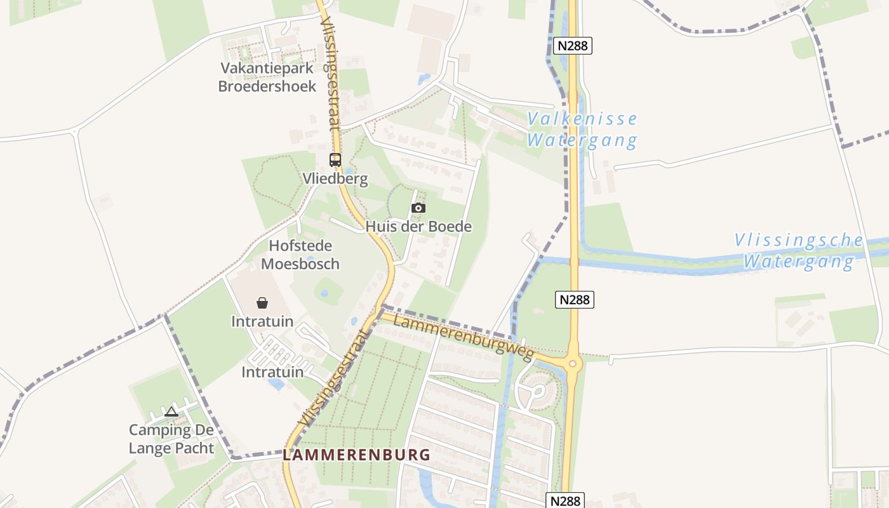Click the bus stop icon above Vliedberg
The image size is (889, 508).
pos(335,160)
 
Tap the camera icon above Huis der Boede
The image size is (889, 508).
pos(418,208)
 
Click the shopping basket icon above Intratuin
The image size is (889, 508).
pos(262,303)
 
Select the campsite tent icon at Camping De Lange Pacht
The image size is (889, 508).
pos(171,412)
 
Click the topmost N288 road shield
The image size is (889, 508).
pos(573,46)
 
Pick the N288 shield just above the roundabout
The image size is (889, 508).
pos(575,300)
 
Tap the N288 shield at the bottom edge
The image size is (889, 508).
pos(565,500)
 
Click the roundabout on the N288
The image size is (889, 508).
pos(572,364)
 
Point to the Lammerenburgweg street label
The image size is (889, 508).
pos(464,336)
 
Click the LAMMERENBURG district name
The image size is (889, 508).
pos(356,455)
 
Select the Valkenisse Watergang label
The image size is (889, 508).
pos(582,130)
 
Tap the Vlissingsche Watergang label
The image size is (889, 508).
pos(799,251)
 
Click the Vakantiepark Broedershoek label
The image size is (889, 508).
pos(267,77)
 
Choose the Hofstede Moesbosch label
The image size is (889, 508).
pos(300,255)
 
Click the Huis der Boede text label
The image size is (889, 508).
pos(418,227)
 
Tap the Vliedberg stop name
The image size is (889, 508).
pos(335,178)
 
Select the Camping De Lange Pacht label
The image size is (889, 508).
pos(171,439)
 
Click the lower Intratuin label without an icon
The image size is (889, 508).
pos(272,372)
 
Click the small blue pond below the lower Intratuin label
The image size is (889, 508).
pos(276,384)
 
